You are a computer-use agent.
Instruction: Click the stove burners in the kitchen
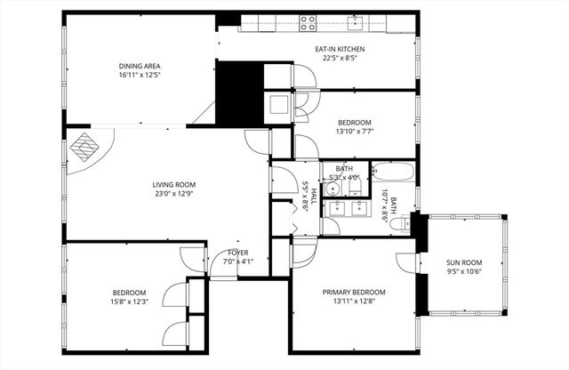coord(308,22)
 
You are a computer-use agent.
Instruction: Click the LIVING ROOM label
coord(172,184)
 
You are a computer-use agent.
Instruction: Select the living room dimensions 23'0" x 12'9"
coord(172,194)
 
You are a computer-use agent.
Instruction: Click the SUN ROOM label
coord(463,262)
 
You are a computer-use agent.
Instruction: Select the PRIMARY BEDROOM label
coord(353,293)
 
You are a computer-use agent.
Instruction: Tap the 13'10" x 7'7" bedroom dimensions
coord(354,132)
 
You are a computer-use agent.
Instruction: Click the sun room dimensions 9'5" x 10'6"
coord(463,272)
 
